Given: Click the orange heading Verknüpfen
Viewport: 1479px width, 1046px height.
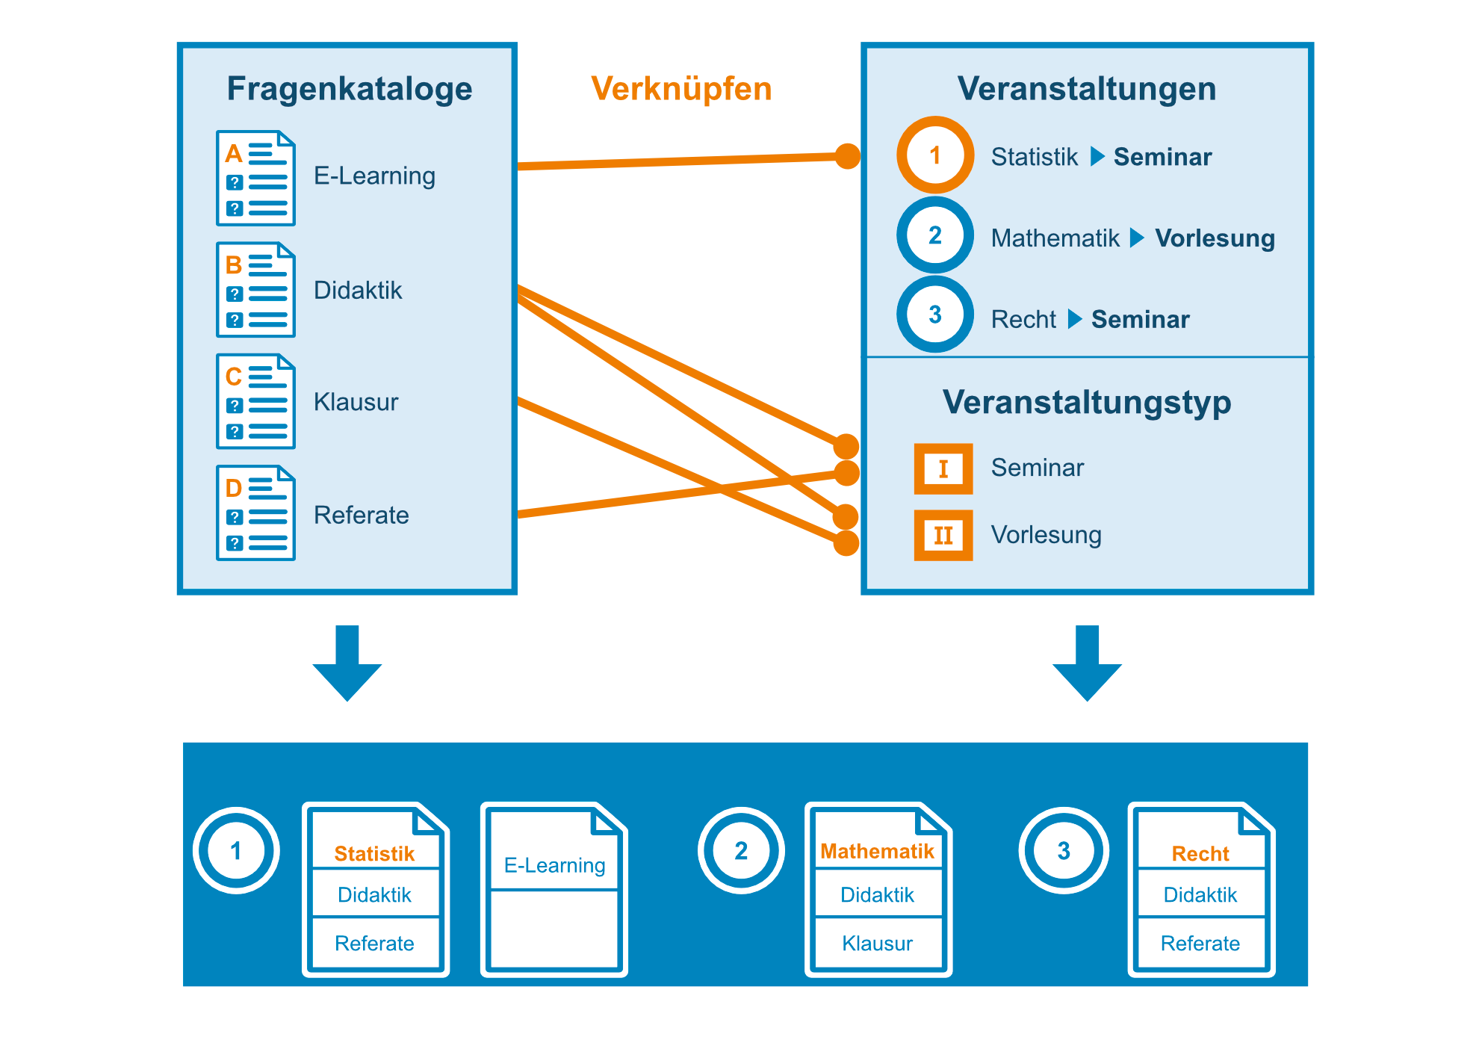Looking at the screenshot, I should (x=680, y=89).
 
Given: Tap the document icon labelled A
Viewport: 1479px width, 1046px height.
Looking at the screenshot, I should (x=255, y=178).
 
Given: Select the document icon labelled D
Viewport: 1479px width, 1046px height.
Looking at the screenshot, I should (x=255, y=513).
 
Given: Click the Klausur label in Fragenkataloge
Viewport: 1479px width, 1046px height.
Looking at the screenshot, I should (x=356, y=402).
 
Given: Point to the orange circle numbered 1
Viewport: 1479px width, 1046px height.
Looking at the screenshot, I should (x=934, y=155).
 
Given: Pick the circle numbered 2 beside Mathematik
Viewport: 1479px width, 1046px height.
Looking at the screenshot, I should (x=934, y=235).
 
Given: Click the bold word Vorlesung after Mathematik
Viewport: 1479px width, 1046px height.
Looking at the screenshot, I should (x=1215, y=238).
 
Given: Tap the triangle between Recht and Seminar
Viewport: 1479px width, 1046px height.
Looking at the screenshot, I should (x=1074, y=319).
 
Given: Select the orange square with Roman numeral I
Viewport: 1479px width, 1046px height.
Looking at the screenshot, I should (x=943, y=468).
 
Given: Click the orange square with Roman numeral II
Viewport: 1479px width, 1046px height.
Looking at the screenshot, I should (x=943, y=535).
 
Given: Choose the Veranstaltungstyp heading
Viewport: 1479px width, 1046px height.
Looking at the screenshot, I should (x=1086, y=402).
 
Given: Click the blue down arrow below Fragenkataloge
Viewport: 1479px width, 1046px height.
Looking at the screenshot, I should (x=347, y=662).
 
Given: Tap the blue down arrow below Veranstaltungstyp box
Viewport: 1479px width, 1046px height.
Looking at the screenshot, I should (x=1087, y=662).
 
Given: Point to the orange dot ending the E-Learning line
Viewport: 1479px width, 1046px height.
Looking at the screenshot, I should (x=847, y=156).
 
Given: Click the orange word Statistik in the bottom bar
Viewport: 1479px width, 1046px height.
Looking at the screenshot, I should (x=374, y=853).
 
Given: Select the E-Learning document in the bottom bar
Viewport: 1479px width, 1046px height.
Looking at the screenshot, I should (x=554, y=889).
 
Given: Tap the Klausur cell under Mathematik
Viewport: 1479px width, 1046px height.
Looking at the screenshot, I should (x=877, y=943).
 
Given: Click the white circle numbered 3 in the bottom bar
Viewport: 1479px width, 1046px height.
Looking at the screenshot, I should (x=1064, y=850).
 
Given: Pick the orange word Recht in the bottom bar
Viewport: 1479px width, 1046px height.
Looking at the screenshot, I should (x=1200, y=853).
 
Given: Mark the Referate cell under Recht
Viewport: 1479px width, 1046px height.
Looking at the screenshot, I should (x=1200, y=943).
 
